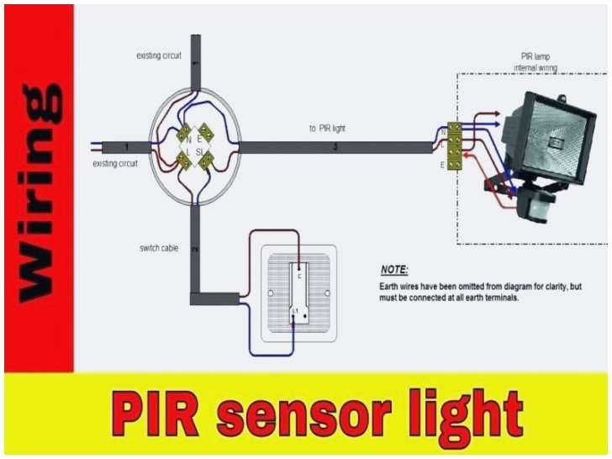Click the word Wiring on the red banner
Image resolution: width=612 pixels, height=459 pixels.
point(39,189)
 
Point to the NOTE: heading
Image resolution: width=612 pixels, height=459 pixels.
point(394,270)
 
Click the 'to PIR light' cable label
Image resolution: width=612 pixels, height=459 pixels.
point(327,129)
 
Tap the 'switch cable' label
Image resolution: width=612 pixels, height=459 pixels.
point(157,248)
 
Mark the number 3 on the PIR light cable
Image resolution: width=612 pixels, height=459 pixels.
point(335,147)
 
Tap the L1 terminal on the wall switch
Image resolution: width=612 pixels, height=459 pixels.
point(295,312)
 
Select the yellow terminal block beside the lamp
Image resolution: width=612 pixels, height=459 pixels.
point(454,144)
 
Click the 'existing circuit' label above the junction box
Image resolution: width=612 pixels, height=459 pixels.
point(159,55)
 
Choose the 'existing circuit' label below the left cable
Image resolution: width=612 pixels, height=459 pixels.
point(115,163)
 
